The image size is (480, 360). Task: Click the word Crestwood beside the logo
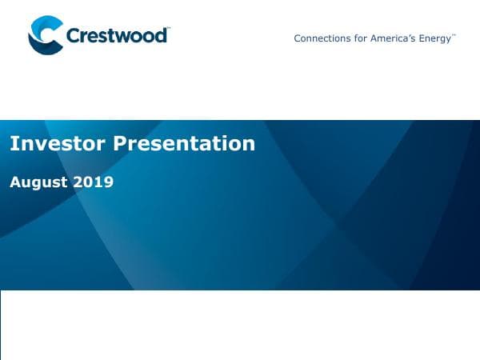[116, 36]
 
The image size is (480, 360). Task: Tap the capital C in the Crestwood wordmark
[74, 36]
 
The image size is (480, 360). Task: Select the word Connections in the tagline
[320, 38]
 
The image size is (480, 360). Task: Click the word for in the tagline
[358, 38]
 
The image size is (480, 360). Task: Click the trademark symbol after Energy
[454, 35]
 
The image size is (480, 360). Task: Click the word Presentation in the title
[184, 144]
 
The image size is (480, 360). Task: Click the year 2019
[94, 182]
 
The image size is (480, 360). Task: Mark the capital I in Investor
[12, 144]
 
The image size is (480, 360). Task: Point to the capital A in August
[15, 182]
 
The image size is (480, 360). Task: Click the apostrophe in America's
[410, 36]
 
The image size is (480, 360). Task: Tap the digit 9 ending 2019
[109, 182]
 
